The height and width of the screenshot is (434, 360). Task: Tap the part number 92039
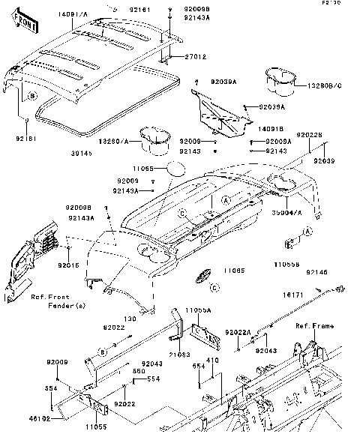tap(324, 161)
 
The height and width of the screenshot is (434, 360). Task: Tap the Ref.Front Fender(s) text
tap(52, 301)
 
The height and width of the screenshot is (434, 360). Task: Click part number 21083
tap(179, 353)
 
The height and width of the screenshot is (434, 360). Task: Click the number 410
tap(212, 361)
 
